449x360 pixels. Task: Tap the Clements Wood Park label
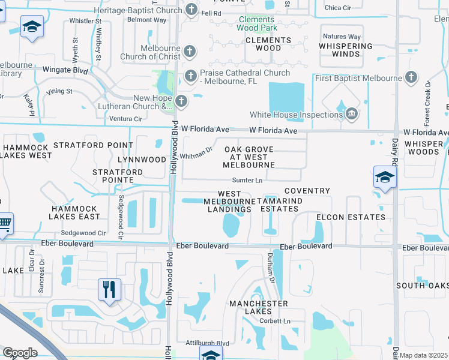pos(257,23)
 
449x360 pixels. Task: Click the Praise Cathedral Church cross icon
pos(190,76)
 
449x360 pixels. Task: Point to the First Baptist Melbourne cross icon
pos(411,77)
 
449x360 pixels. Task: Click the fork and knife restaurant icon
pos(109,290)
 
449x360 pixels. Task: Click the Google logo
pos(20,353)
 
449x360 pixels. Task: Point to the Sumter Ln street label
pos(248,181)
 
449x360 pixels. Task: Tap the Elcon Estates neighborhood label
pos(359,217)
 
